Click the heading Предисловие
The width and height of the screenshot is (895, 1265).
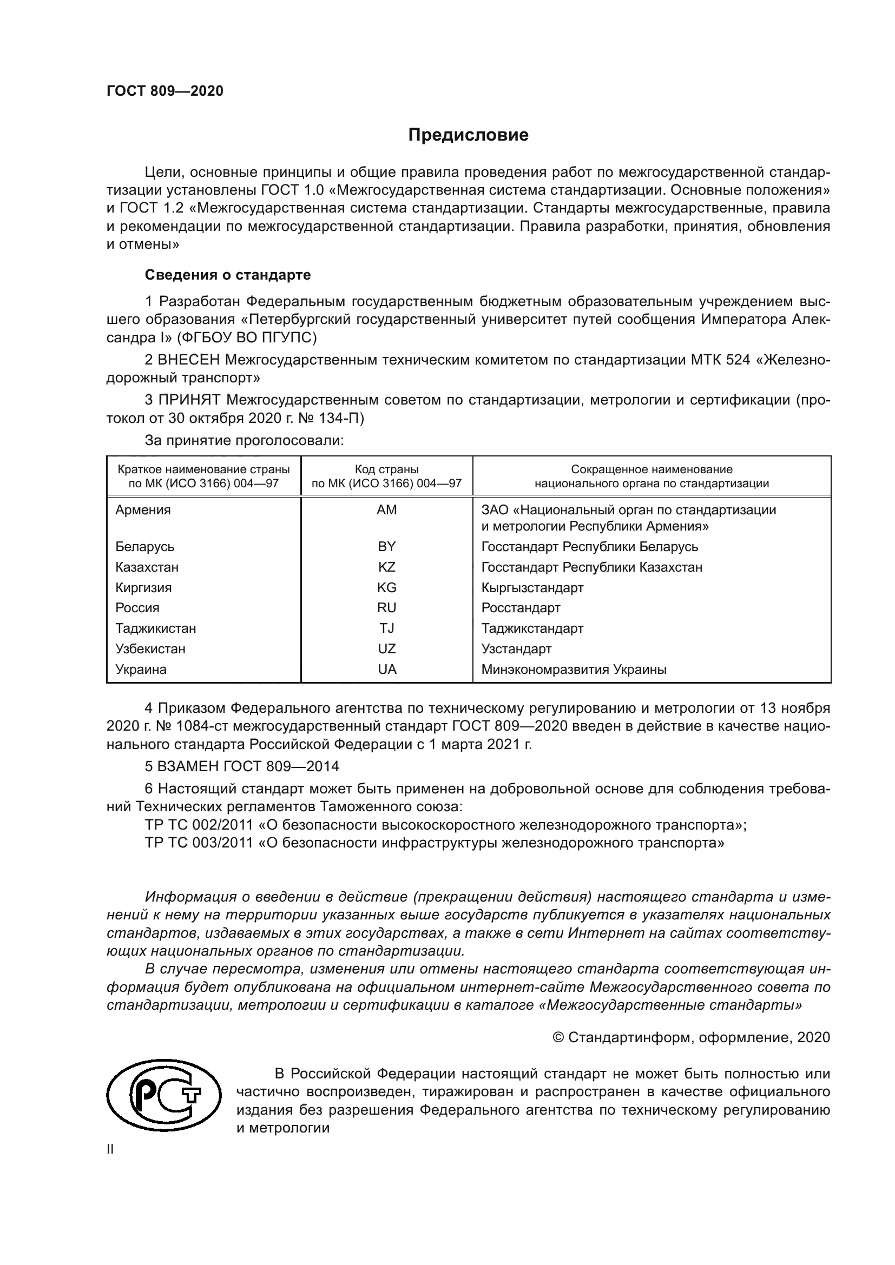click(x=468, y=135)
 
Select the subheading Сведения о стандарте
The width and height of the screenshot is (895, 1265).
click(x=228, y=274)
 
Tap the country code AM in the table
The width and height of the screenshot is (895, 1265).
click(x=386, y=510)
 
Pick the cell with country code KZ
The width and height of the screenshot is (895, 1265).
click(x=386, y=567)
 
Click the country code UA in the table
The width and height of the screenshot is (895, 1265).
click(x=386, y=670)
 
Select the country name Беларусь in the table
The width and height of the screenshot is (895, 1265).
click(x=144, y=547)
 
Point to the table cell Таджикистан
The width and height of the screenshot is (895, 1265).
click(x=155, y=628)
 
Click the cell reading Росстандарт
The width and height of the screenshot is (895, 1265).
click(x=520, y=608)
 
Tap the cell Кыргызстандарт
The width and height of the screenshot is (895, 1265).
click(x=532, y=587)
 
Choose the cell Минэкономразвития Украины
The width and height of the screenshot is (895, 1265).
click(x=574, y=670)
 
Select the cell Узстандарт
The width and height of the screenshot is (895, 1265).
click(x=516, y=649)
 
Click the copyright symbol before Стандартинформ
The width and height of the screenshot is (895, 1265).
click(x=558, y=1037)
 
